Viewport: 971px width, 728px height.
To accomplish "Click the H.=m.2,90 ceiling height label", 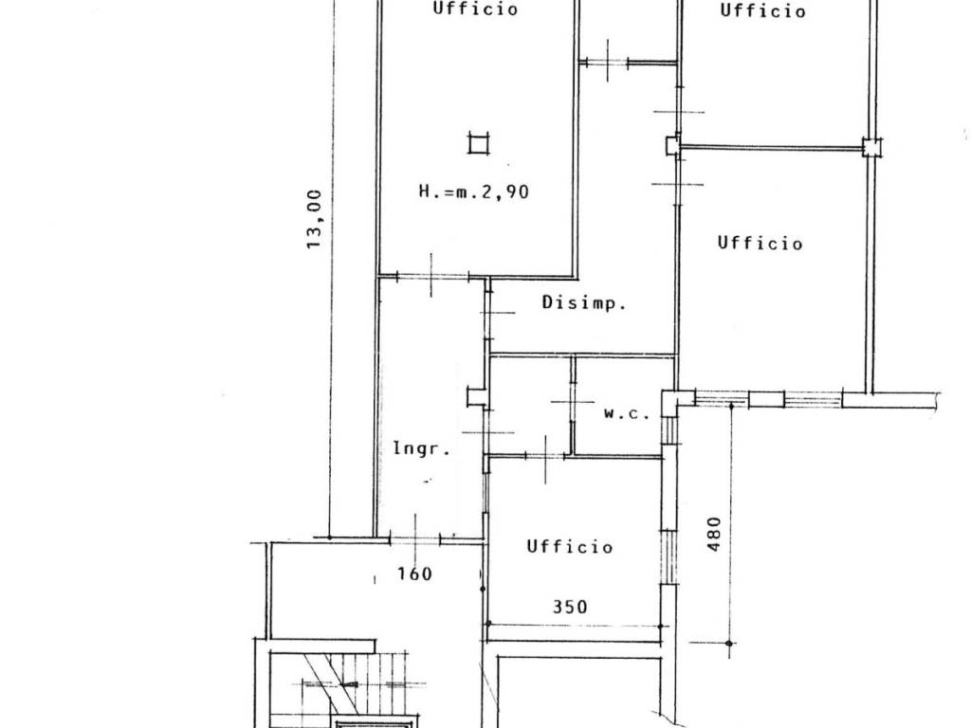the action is tap(474, 191).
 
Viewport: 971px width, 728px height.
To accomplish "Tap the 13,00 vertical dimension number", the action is tap(315, 219).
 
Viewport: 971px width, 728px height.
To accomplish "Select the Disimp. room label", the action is tap(584, 302).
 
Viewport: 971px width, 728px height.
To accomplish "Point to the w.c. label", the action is tap(627, 413).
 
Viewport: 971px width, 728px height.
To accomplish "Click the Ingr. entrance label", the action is tap(422, 448).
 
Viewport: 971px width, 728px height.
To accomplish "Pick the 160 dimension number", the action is tap(414, 573).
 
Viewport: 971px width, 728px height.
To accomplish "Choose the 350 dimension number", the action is tap(570, 606).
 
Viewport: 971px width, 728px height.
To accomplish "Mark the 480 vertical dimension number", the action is tap(714, 534).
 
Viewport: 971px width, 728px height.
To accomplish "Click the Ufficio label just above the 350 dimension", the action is tap(570, 547).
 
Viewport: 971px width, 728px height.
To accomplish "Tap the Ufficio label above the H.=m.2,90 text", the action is tap(475, 9).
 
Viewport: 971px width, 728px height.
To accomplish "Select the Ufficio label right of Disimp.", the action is tap(760, 243).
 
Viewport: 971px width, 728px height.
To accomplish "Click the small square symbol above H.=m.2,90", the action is tap(479, 144).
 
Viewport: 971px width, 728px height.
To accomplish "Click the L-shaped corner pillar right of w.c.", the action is tap(670, 400).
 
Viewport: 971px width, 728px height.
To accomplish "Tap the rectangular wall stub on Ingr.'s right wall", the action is tap(477, 397).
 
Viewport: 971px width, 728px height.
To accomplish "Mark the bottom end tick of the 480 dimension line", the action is tap(729, 644).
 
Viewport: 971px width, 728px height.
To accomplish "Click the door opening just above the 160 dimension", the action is tap(415, 539).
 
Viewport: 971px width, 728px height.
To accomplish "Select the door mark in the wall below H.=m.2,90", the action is tap(431, 276).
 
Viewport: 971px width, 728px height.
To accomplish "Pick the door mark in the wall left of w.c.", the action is tap(572, 403).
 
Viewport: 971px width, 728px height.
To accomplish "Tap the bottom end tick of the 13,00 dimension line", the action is tap(329, 537).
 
